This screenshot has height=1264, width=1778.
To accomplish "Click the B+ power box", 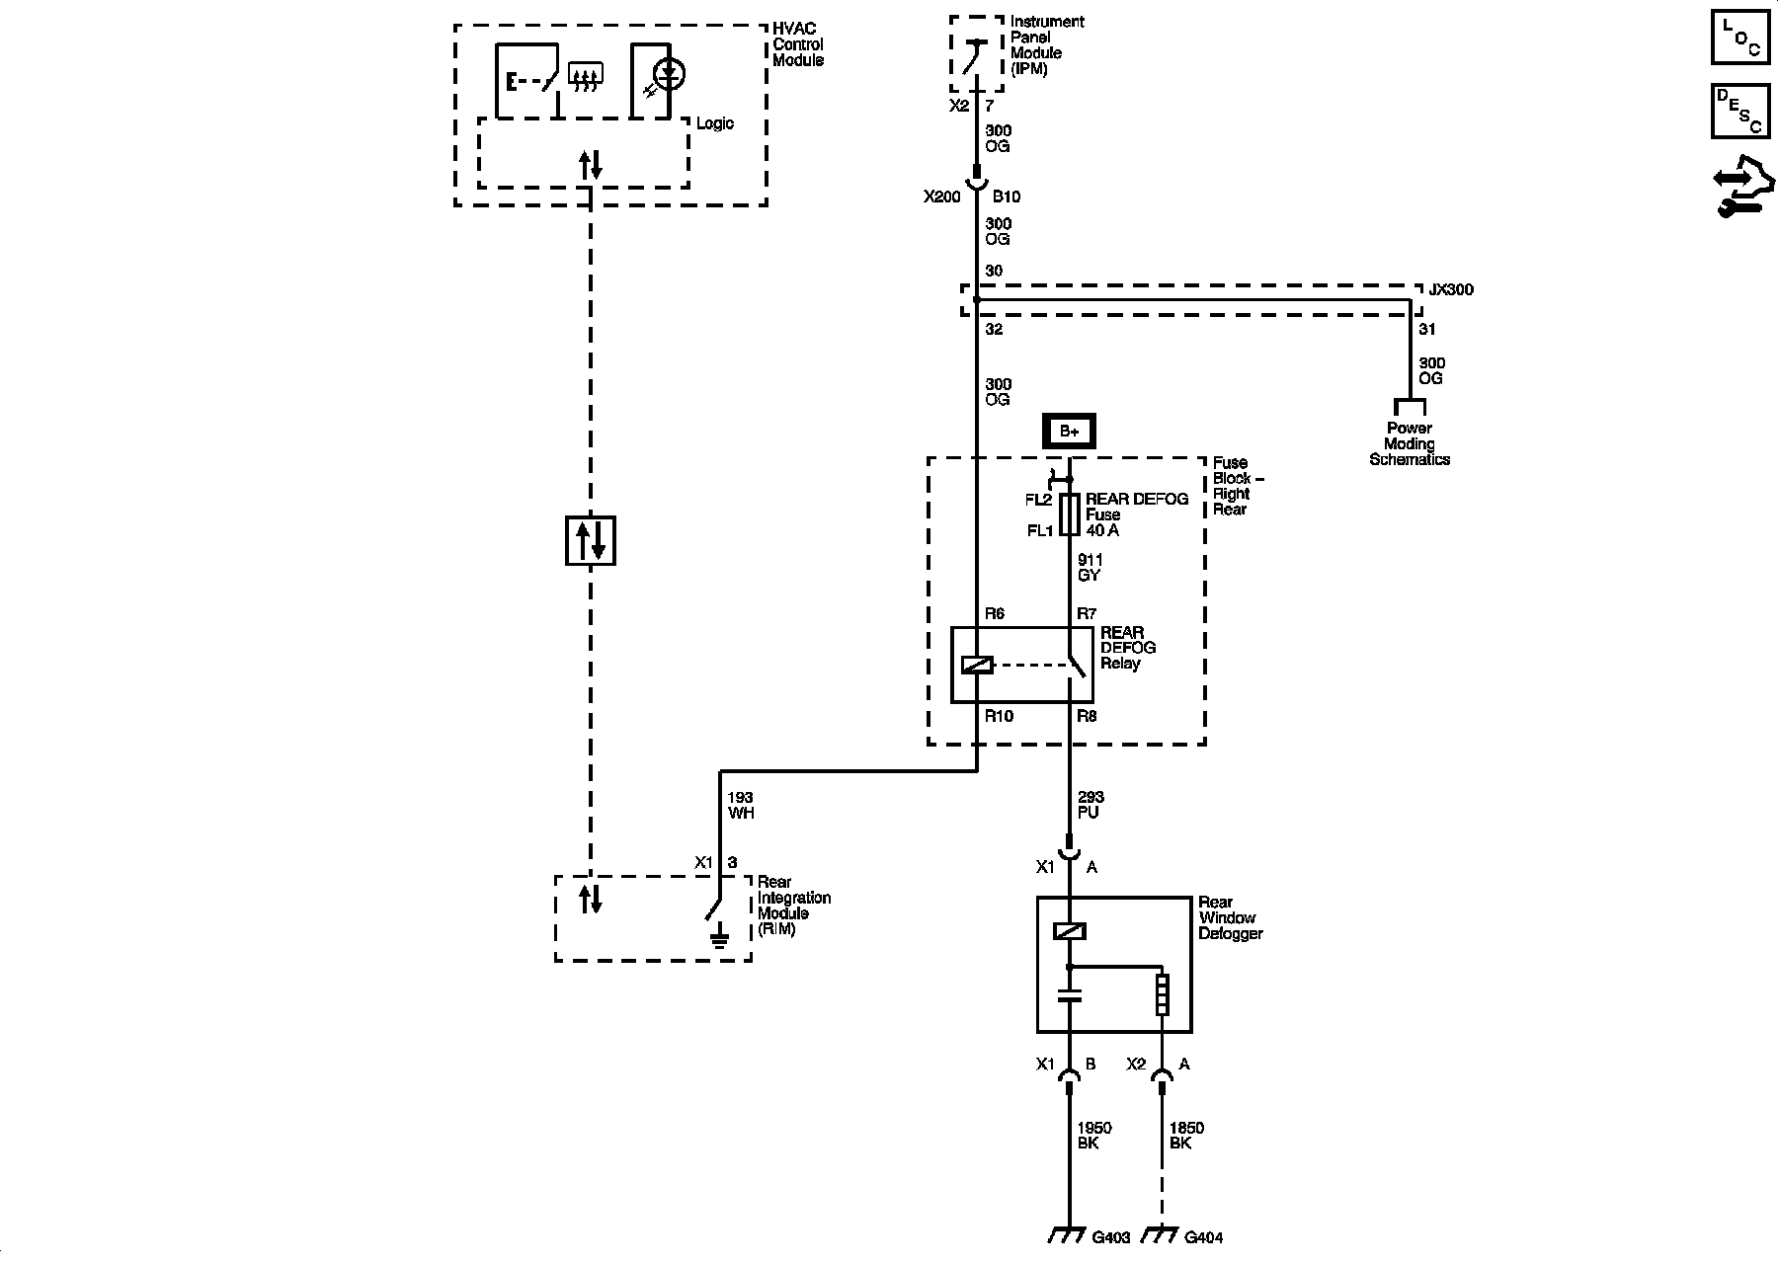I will (1069, 432).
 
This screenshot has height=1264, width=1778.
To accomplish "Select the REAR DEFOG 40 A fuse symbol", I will (1069, 514).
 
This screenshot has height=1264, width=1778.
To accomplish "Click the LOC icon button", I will (1739, 38).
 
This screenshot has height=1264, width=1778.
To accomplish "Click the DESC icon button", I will (1739, 112).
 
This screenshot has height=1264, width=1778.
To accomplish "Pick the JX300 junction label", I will (1450, 290).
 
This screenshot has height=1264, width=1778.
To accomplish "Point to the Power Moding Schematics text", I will (1410, 443).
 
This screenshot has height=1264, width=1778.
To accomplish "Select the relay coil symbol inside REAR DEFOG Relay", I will (977, 665).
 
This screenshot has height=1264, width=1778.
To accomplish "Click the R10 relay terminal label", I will (999, 716).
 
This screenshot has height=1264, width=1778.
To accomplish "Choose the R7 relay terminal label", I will (1087, 613).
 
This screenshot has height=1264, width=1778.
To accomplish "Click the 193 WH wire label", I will (741, 805).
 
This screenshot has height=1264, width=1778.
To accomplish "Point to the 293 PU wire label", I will (1091, 805).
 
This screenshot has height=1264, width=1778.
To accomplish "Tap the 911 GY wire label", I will (1090, 568).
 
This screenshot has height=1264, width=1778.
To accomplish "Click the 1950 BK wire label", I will (1093, 1136).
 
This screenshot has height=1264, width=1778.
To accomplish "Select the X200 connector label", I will (941, 197).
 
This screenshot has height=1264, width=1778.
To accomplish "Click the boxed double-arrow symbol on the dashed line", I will (591, 540).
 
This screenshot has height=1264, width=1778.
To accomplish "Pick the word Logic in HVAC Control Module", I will (715, 123).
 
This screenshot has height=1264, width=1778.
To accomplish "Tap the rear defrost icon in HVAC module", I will (586, 76).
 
